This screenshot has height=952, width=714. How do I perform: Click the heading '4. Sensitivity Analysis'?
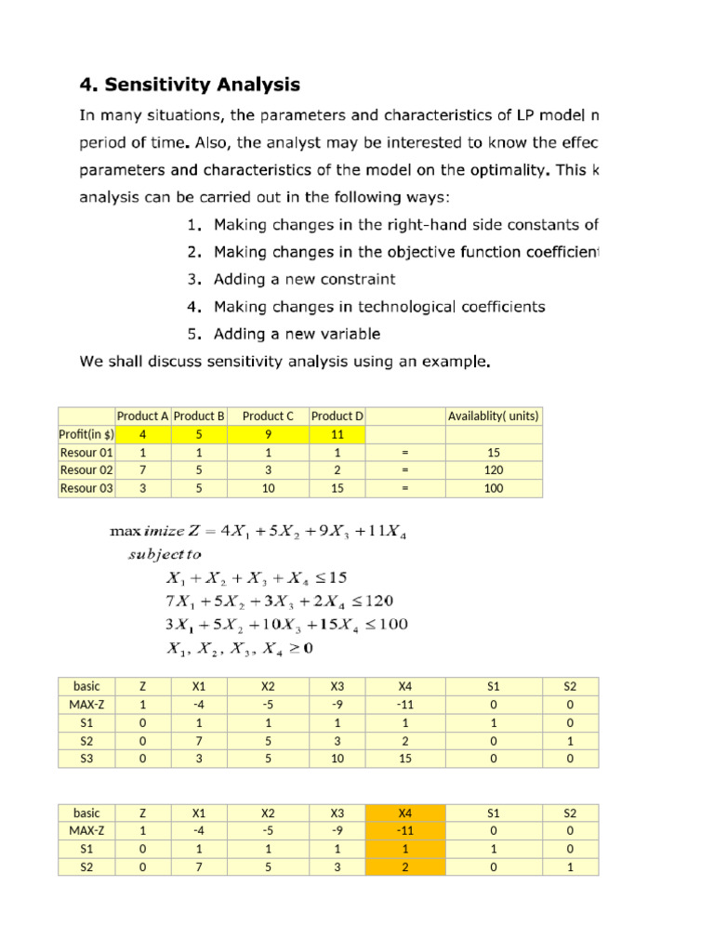189,86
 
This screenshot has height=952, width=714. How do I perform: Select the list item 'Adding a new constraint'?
304,279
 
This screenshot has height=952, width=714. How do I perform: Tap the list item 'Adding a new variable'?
297,334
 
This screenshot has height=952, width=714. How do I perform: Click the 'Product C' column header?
268,416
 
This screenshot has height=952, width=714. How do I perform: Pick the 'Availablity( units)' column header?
493,416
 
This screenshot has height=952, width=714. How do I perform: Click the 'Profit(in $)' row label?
86,434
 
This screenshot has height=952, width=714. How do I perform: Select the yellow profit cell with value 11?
337,434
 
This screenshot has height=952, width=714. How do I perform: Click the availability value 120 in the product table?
493,469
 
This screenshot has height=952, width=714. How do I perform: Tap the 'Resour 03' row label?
86,488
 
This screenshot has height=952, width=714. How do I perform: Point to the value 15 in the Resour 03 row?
337,488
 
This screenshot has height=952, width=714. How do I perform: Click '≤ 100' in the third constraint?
383,624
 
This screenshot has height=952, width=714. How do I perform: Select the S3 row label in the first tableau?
86,759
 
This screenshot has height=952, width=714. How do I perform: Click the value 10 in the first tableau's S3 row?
337,759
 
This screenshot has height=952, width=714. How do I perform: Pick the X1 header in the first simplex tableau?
198,687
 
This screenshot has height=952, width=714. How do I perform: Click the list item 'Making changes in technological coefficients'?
379,307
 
